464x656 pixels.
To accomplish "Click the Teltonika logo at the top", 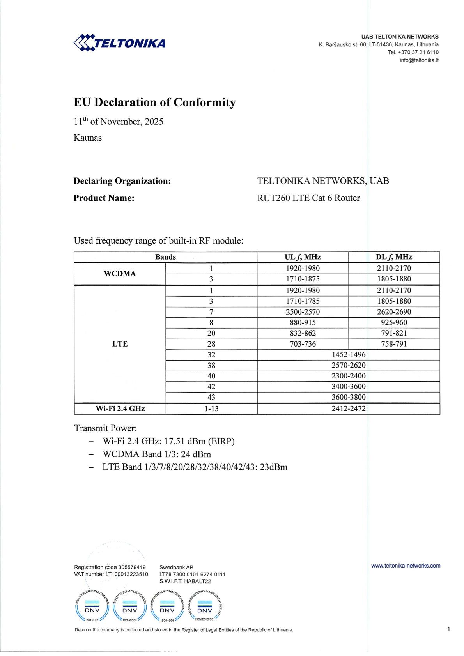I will pos(120,43).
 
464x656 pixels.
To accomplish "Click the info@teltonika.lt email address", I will pos(419,60).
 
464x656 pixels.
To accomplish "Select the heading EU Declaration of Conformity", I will pos(155,103).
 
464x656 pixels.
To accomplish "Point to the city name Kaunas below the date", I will pos(88,138).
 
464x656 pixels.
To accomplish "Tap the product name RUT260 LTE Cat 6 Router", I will pos(308,198).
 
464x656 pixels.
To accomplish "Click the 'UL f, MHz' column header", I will pos(303,257).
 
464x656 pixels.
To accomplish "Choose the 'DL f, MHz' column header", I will pos(394,257).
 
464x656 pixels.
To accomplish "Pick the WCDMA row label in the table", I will pos(120,274).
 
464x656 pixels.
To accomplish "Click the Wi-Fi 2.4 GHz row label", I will pos(120,408).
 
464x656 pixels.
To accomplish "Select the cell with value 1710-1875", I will pos(303,279).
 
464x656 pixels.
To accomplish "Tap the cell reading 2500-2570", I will pos(303,312).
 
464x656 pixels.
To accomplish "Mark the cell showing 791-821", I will pos(394,333).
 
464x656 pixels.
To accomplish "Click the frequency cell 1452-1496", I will pos(349,355).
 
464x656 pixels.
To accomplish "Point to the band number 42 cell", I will pos(211,387).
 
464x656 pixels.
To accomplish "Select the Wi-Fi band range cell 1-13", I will pos(211,408).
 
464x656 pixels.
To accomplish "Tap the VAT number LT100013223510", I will pos(127,574).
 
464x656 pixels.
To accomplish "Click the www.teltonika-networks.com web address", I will pos(406,566).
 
